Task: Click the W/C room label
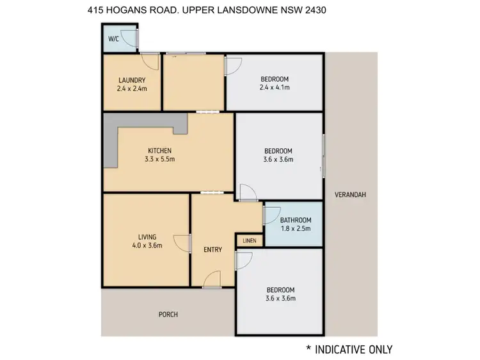click(x=113, y=39)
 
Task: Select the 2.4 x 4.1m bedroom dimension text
click(x=275, y=88)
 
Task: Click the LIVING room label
click(x=147, y=236)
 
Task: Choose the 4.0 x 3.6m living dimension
click(x=147, y=245)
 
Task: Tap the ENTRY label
click(x=212, y=249)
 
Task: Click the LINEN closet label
click(x=249, y=241)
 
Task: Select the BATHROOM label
click(x=296, y=220)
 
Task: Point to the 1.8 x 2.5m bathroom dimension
click(x=295, y=228)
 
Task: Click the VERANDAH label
click(x=350, y=195)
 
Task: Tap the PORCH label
click(x=169, y=314)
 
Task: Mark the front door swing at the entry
click(x=213, y=279)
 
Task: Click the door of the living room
click(x=184, y=243)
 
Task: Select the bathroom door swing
click(x=269, y=215)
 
